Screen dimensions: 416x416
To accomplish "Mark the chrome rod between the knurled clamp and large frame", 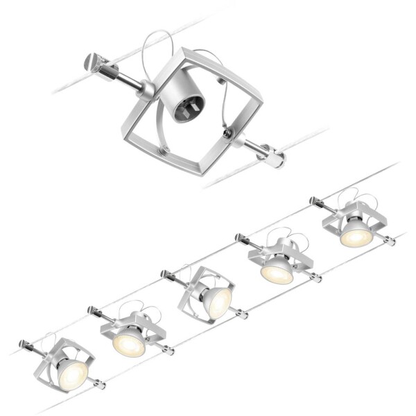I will [128, 80].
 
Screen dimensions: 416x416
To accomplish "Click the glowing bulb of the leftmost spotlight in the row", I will [71, 374].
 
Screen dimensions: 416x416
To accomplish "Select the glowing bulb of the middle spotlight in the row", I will [216, 303].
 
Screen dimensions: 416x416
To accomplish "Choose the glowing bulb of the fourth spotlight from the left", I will [276, 273].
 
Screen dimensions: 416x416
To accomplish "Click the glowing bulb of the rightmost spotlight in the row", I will [356, 236].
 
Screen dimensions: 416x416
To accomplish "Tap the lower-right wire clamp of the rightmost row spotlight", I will [390, 242].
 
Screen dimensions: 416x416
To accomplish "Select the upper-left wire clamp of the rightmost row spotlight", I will [315, 202].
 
